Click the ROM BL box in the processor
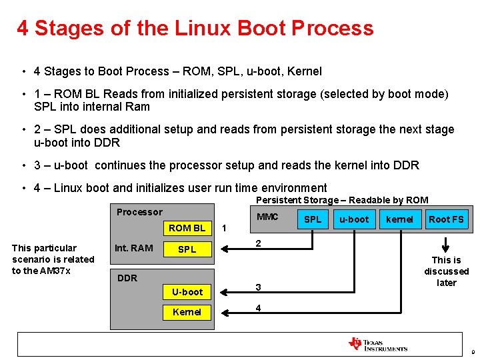coord(187,228)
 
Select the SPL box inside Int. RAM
coord(187,249)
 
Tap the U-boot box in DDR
coord(187,292)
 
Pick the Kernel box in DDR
coord(187,312)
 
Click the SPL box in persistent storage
coord(313,219)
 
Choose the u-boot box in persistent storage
coord(354,219)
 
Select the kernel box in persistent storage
coord(400,219)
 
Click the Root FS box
coord(446,219)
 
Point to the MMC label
coord(267,217)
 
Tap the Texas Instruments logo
coord(378,345)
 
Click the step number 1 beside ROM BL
coord(224,228)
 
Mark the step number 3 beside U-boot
coord(259,287)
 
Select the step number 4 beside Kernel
coord(259,308)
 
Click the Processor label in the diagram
coord(139,212)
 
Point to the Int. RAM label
coord(133,248)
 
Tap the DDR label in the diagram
coord(127,278)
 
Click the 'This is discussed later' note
coord(446,271)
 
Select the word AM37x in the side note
coord(55,270)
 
